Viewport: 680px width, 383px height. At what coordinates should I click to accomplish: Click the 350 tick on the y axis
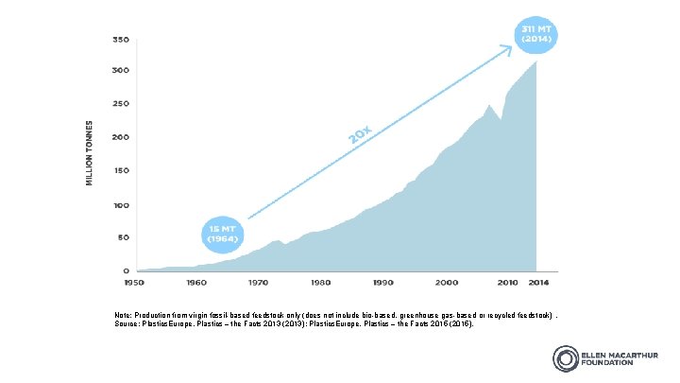click(121, 41)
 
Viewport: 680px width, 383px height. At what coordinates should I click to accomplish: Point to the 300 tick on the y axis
click(121, 71)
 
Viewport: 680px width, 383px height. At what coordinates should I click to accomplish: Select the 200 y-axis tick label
click(121, 138)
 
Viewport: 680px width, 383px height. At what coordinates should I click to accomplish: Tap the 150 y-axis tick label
click(121, 171)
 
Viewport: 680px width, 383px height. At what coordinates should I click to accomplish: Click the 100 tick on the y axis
click(121, 205)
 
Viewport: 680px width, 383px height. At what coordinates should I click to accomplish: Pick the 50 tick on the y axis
click(123, 238)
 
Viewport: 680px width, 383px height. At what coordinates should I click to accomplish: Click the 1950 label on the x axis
click(135, 283)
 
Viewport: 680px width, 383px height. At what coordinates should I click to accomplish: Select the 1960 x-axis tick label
click(196, 283)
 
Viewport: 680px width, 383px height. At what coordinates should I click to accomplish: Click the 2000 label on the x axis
click(446, 283)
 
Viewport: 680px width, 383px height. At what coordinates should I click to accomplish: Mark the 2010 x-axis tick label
click(507, 283)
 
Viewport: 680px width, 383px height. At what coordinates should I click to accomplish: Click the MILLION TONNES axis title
click(90, 152)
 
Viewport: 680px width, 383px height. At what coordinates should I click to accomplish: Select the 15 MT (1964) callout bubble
click(223, 234)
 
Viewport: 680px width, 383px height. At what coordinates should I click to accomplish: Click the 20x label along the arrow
click(359, 137)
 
